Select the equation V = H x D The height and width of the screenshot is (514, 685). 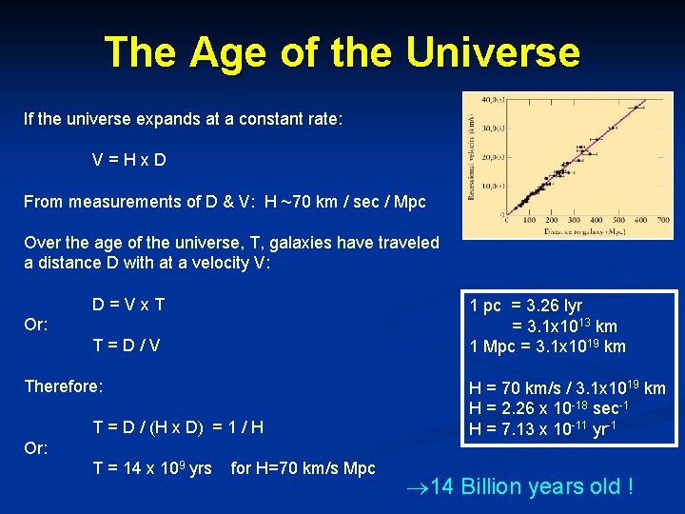[129, 160]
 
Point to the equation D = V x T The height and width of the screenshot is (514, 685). [128, 305]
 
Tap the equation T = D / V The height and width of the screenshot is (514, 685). [126, 346]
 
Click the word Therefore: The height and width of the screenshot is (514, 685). [63, 386]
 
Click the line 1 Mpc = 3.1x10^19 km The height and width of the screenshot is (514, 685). [548, 346]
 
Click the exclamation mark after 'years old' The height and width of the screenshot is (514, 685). [628, 487]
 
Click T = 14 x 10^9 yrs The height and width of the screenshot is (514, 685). [152, 468]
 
